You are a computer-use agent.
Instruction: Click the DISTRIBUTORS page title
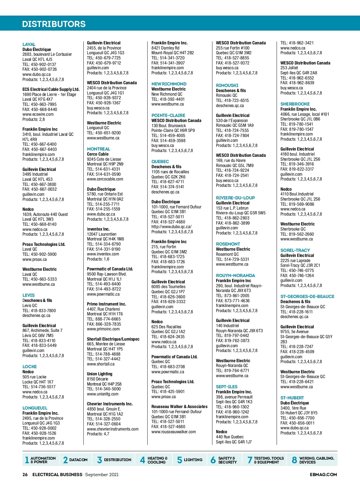pos(54,24)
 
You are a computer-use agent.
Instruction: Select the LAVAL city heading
pos(29,44)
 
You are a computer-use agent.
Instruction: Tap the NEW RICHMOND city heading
pos(169,84)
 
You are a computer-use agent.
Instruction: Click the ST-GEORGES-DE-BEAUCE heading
pos(307,297)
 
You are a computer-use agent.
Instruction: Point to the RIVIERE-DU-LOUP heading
pos(235,198)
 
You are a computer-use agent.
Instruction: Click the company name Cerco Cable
pos(98,154)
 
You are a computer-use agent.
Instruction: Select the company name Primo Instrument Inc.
pos(106,304)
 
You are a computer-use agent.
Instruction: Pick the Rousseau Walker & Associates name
pos(179,407)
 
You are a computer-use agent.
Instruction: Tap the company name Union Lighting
pos(100,374)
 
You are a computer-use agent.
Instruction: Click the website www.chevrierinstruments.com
pos(113,429)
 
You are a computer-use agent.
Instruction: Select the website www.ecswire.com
pos(38,114)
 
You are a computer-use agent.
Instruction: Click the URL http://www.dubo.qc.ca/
pos(171,227)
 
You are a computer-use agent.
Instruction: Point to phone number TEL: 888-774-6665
pos(104,319)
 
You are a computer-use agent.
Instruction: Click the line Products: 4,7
pos(98,434)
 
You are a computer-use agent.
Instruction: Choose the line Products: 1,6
pos(98,259)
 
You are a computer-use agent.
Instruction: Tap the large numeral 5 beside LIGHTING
pos(180,460)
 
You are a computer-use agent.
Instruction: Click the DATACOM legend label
pos(78,460)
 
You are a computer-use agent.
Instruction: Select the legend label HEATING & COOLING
pos(157,460)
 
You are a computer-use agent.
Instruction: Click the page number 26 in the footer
pos(25,475)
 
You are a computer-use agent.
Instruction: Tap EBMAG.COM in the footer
pos(323,475)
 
